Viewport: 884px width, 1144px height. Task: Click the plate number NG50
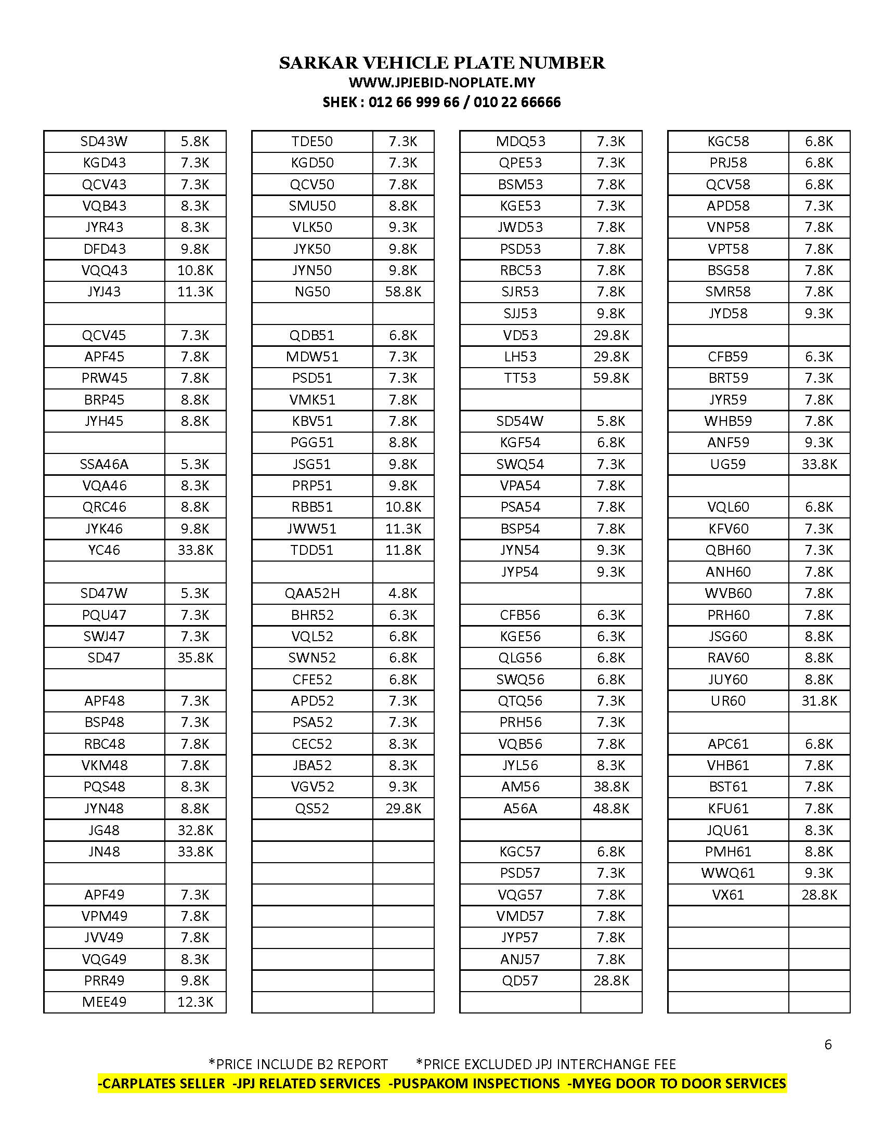pos(312,292)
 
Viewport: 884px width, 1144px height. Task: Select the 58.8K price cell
pos(402,292)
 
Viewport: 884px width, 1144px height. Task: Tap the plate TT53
pos(520,378)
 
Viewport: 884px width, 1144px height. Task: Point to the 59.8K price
pos(610,378)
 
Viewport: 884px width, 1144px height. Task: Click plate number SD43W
pos(103,141)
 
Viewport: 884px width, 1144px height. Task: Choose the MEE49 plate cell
pos(103,1002)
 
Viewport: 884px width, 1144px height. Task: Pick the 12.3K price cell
pos(195,1002)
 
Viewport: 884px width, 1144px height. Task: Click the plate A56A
pos(520,808)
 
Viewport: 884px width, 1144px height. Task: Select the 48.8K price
pos(610,808)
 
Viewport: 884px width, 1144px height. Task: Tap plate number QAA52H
pos(312,593)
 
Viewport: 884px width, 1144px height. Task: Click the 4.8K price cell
pos(402,593)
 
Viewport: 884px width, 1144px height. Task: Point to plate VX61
pos(728,895)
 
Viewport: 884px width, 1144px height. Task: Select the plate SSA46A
pos(103,464)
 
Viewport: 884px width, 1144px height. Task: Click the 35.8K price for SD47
pos(195,657)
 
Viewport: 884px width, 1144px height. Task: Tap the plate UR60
pos(728,701)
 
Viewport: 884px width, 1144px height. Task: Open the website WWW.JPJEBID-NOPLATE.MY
pos(441,83)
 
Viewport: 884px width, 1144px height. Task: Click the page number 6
pos(828,1045)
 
